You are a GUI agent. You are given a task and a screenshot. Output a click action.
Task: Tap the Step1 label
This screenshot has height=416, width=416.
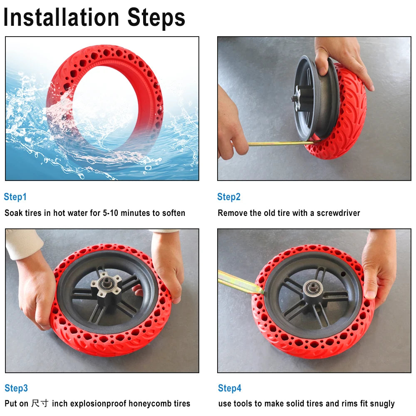click(x=15, y=197)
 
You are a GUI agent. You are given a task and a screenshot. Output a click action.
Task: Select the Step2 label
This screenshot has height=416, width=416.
click(x=229, y=197)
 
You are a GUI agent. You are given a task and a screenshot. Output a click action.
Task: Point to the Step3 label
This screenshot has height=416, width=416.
click(x=16, y=388)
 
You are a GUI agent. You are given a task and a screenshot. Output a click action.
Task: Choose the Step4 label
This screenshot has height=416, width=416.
click(x=230, y=388)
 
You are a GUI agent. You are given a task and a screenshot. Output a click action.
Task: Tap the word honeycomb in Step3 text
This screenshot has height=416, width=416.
click(x=147, y=404)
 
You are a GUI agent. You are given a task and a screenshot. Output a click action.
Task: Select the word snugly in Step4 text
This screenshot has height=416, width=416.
click(x=381, y=404)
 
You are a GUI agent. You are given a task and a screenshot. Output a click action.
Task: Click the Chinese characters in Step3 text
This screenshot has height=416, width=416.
click(x=40, y=404)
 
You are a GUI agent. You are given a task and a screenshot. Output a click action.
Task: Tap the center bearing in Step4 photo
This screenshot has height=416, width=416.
click(x=311, y=287)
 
